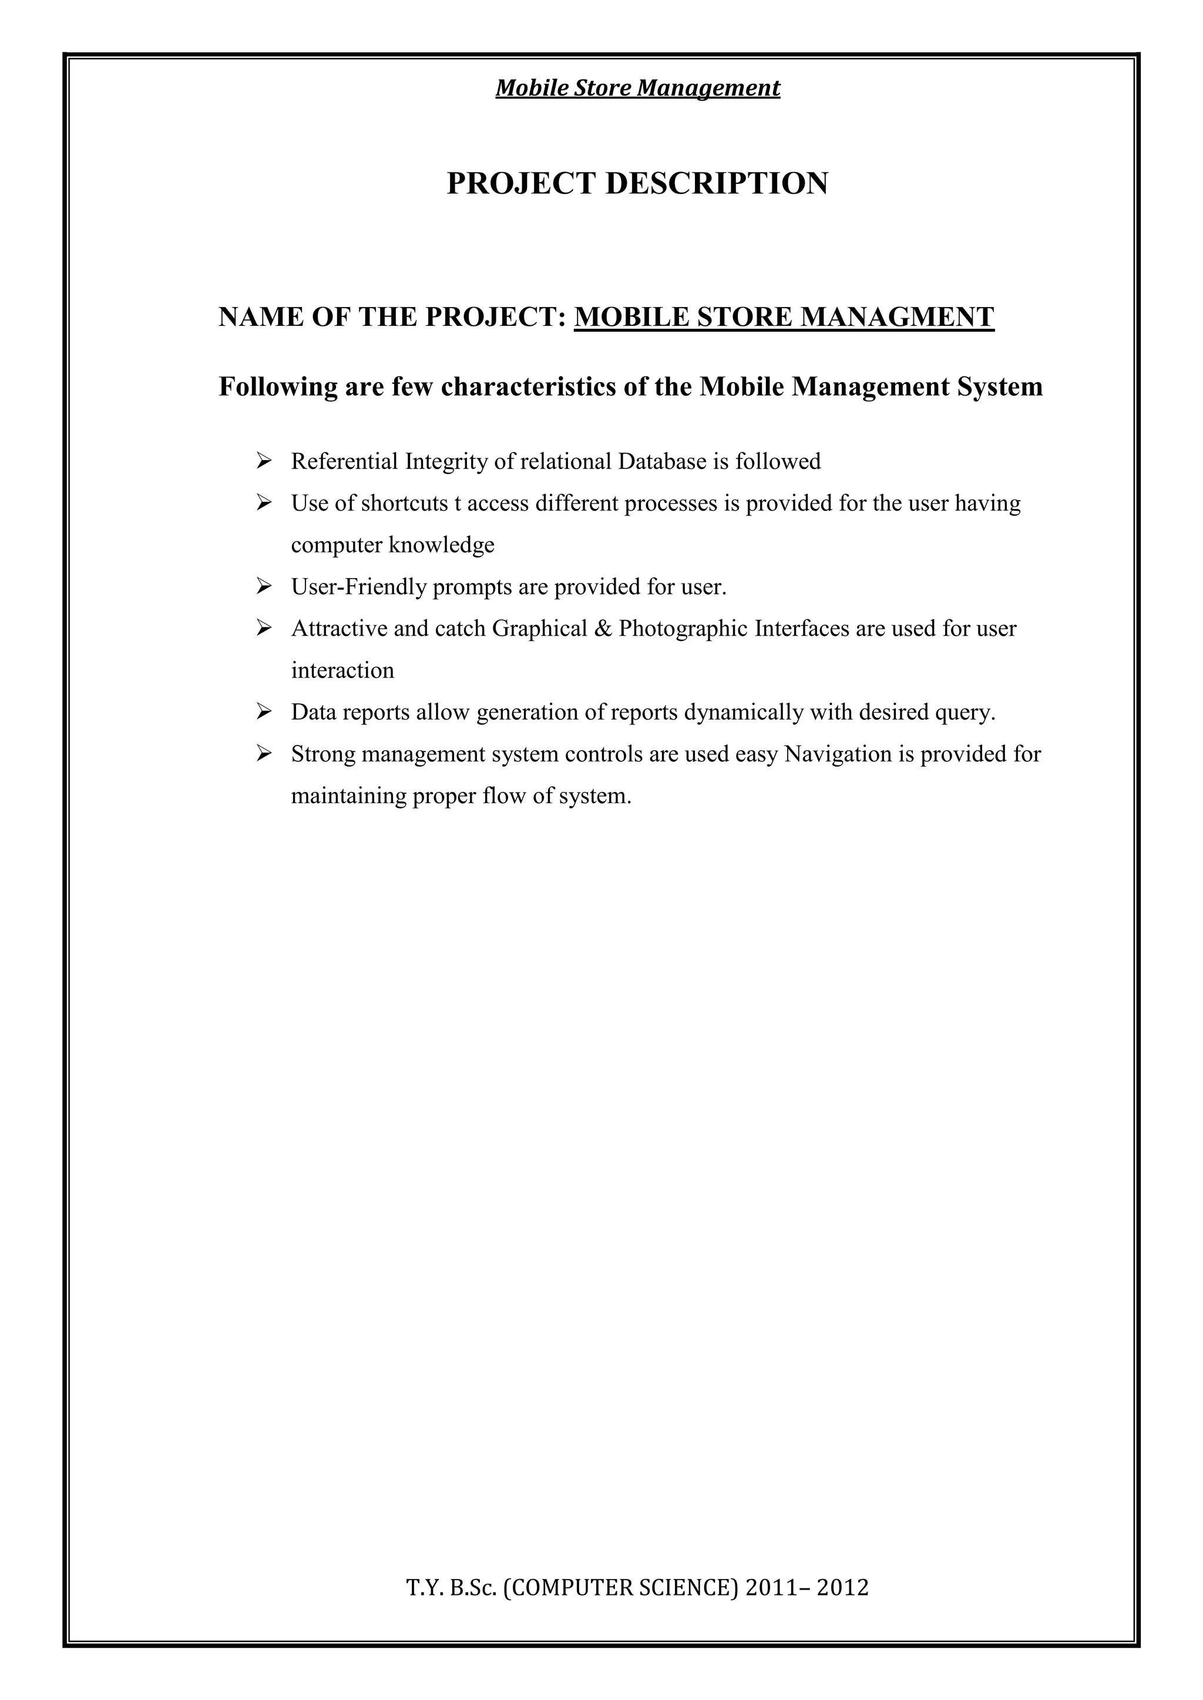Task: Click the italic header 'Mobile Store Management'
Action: (x=637, y=88)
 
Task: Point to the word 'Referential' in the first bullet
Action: (x=344, y=462)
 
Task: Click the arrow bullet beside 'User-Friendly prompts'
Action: (x=263, y=587)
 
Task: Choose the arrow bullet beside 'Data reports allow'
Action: (x=263, y=712)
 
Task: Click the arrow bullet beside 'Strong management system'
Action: (x=263, y=754)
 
